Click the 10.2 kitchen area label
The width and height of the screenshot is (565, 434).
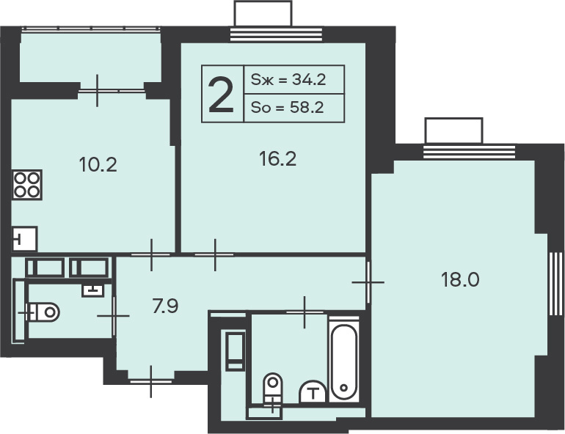tap(98, 165)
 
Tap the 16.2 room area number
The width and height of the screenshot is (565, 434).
tap(278, 159)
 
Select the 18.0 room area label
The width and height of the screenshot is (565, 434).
tap(460, 279)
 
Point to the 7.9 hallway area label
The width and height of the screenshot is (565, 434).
tap(165, 306)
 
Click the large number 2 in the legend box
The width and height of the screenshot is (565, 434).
tap(222, 96)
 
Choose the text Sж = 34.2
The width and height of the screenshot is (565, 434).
tap(288, 79)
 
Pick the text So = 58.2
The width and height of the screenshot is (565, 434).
tap(288, 107)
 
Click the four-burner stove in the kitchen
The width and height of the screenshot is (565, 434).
tap(27, 185)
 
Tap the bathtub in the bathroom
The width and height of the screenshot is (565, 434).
tap(344, 361)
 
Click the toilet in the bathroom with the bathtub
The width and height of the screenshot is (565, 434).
tap(272, 389)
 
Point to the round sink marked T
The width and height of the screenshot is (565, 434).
tap(313, 391)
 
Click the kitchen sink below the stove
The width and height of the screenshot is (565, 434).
tap(24, 238)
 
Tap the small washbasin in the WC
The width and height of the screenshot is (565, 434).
tap(93, 290)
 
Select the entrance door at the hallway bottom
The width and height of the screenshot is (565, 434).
tap(151, 381)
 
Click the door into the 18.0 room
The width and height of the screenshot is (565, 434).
tap(368, 282)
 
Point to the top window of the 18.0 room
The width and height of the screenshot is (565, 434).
tap(469, 152)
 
